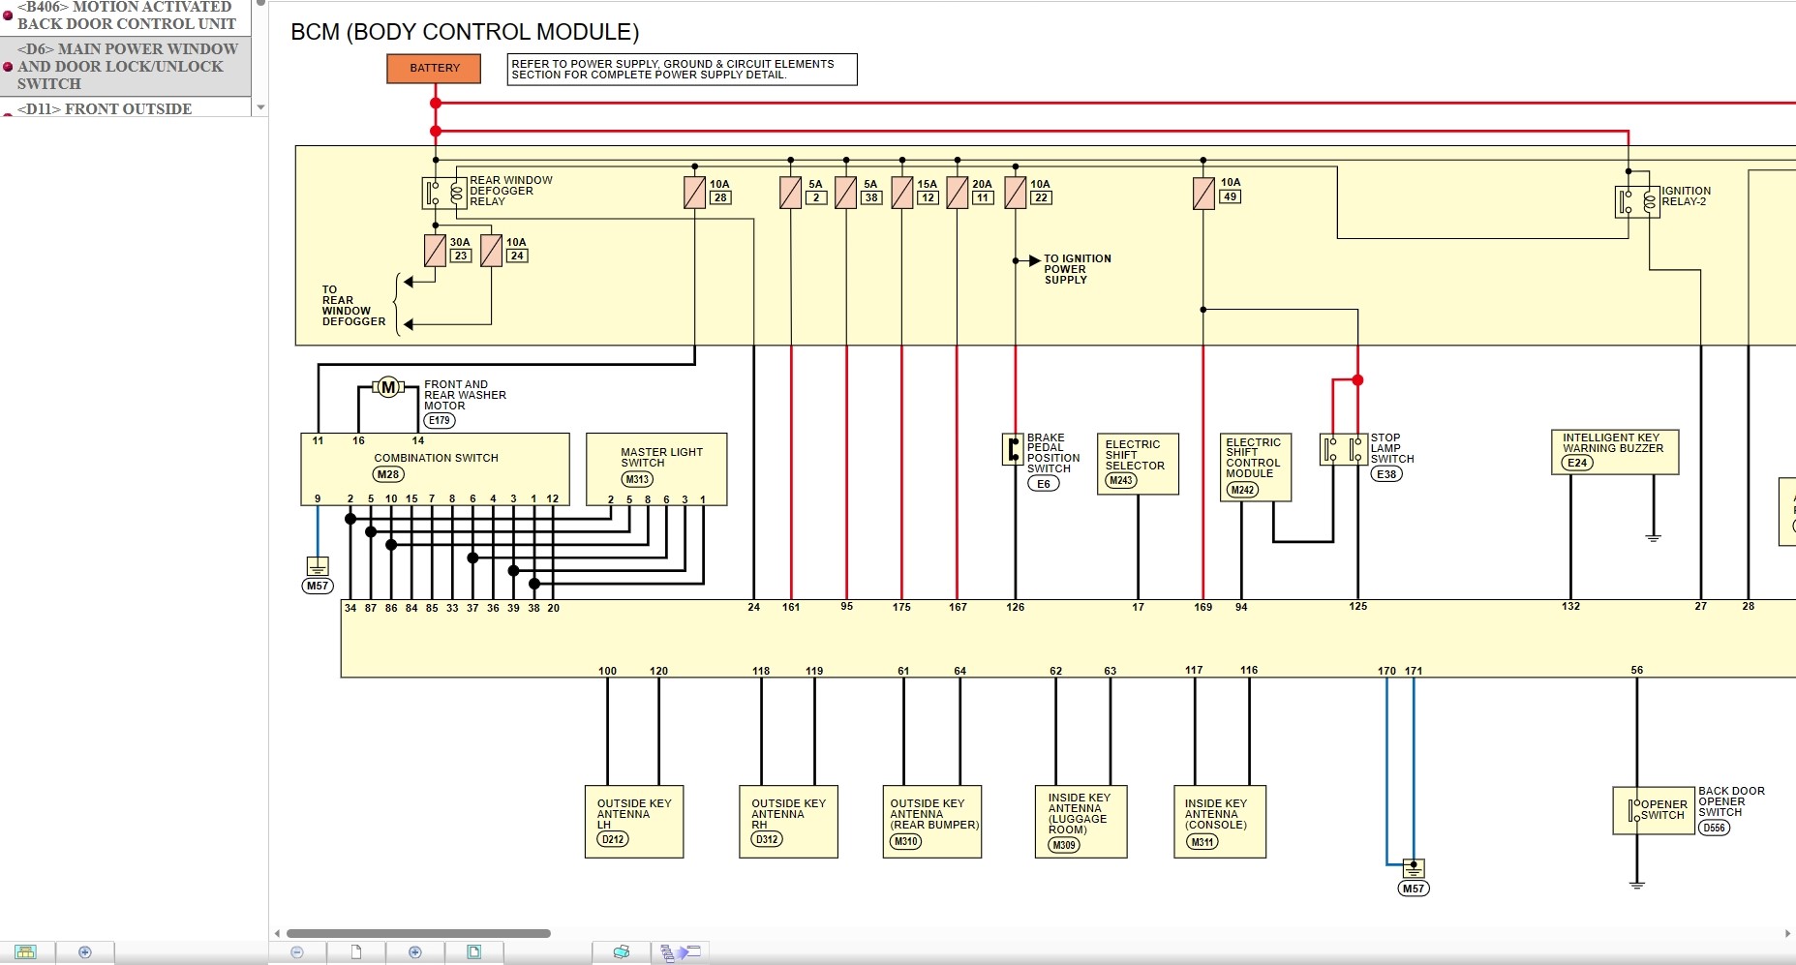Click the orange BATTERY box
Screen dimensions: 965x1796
pyautogui.click(x=434, y=68)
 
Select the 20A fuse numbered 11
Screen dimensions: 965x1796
pyautogui.click(x=958, y=193)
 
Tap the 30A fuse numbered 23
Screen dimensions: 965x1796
pyautogui.click(x=435, y=251)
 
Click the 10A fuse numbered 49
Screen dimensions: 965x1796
pyautogui.click(x=1203, y=193)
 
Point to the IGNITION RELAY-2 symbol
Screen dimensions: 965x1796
pyautogui.click(x=1637, y=201)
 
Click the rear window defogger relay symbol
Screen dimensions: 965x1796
pyautogui.click(x=444, y=193)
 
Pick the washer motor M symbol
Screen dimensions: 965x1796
pyautogui.click(x=388, y=387)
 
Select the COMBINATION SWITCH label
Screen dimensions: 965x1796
pyautogui.click(x=436, y=458)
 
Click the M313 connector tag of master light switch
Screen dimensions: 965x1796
pyautogui.click(x=637, y=479)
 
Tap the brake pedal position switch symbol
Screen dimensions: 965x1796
pyautogui.click(x=1013, y=449)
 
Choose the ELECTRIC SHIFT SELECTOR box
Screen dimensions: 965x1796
pyautogui.click(x=1137, y=463)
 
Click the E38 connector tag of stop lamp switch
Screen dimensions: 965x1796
pyautogui.click(x=1386, y=474)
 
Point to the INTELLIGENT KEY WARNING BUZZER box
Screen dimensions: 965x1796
pyautogui.click(x=1613, y=451)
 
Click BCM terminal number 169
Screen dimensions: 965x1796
pyautogui.click(x=1202, y=607)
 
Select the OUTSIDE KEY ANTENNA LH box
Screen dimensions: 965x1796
pyautogui.click(x=634, y=821)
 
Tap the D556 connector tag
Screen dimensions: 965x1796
pyautogui.click(x=1714, y=828)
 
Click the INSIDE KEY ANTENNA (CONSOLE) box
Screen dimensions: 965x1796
pyautogui.click(x=1219, y=821)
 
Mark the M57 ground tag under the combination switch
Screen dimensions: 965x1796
pyautogui.click(x=318, y=586)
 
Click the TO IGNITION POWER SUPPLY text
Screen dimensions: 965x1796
pyautogui.click(x=1077, y=269)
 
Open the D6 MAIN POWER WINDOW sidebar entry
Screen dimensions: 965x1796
pyautogui.click(x=126, y=66)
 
